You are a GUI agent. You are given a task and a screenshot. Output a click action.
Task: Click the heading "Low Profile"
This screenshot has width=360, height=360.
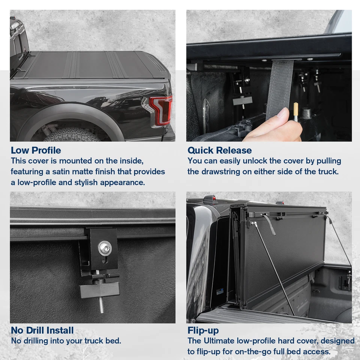click(x=36, y=150)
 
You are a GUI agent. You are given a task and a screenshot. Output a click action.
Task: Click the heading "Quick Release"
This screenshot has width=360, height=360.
click(x=219, y=150)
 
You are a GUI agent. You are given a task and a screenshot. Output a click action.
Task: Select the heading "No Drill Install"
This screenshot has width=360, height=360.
click(x=42, y=330)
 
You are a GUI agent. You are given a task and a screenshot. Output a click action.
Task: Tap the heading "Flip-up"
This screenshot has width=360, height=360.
click(x=203, y=330)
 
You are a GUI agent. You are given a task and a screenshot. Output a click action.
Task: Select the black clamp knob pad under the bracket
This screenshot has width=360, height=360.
click(x=99, y=290)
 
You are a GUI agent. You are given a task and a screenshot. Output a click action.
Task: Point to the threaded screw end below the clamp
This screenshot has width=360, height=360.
click(x=102, y=306)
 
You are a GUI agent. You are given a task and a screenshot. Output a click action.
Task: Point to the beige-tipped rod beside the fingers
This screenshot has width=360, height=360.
click(x=295, y=111)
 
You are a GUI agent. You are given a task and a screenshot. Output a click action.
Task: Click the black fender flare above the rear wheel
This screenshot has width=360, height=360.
click(x=67, y=112)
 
